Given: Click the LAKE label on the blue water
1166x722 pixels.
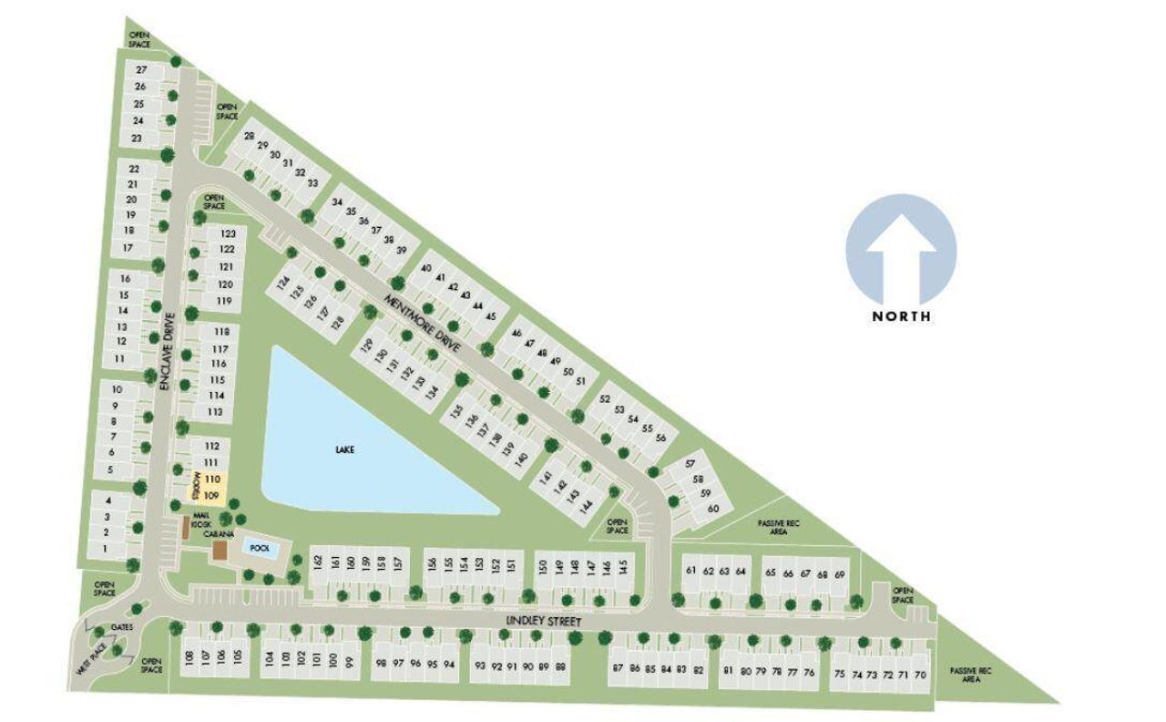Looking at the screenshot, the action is click(x=343, y=449).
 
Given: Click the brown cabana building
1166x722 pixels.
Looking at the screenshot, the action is click(x=219, y=551).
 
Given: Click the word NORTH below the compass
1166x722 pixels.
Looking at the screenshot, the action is click(x=901, y=316).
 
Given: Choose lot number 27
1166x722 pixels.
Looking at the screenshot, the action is click(x=141, y=70).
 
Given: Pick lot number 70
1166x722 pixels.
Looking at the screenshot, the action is click(x=920, y=676).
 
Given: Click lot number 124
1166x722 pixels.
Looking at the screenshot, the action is click(x=283, y=285).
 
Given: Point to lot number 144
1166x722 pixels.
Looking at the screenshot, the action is click(x=586, y=505).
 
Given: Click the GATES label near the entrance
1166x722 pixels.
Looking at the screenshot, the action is click(x=122, y=628).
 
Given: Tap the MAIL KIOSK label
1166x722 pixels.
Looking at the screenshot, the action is click(x=201, y=520).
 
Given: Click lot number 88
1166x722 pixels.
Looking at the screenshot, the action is click(x=560, y=666).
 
